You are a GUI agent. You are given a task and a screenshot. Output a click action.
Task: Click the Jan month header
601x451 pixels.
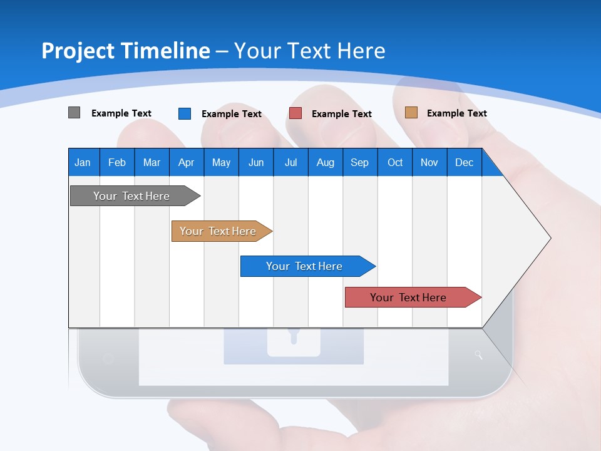(83, 162)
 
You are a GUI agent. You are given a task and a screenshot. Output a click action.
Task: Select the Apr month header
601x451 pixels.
(186, 162)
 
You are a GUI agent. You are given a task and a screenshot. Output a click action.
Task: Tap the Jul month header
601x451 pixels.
(290, 162)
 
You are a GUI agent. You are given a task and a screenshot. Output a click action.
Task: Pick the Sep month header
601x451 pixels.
(359, 162)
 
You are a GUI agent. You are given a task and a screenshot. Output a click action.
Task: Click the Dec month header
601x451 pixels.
(464, 162)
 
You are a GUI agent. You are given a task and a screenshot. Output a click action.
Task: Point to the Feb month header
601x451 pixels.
(117, 162)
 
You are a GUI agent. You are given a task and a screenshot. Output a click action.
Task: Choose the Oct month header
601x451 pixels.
(395, 162)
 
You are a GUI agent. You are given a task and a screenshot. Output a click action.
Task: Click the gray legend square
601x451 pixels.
(74, 113)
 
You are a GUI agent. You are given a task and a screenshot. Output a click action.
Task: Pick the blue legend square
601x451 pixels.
(184, 113)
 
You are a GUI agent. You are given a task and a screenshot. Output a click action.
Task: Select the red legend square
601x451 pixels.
(295, 113)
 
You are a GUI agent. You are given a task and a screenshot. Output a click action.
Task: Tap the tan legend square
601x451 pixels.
(411, 113)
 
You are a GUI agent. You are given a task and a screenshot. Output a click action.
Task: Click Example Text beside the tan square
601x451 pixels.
(456, 113)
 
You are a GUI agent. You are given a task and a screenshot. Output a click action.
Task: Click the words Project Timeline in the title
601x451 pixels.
(125, 51)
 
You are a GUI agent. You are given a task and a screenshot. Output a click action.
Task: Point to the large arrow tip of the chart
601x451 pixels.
(538, 238)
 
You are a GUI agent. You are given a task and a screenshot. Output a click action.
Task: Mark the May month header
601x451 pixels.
(221, 162)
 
